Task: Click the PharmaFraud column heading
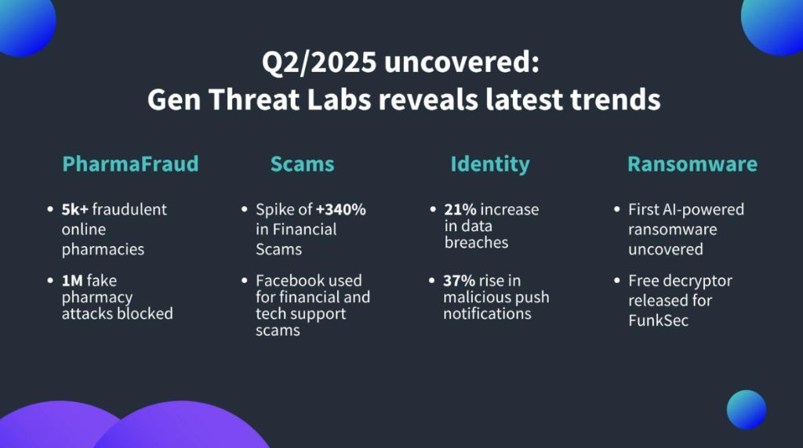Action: [x=130, y=164]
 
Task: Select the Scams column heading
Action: [x=302, y=164]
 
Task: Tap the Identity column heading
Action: [x=489, y=164]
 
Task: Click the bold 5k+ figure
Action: [x=76, y=210]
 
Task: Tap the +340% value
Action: [x=341, y=210]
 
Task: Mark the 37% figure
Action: [x=460, y=280]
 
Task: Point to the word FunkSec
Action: [x=659, y=320]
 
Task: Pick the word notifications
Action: [x=487, y=313]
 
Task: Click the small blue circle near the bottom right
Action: [x=746, y=410]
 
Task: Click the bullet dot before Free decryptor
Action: [x=616, y=281]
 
